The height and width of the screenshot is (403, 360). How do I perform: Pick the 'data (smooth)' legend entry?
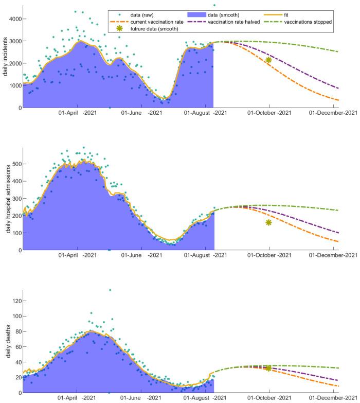pyautogui.click(x=221, y=14)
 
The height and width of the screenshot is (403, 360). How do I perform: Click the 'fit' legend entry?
pyautogui.click(x=298, y=14)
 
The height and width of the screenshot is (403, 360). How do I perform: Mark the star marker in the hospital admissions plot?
pyautogui.click(x=268, y=222)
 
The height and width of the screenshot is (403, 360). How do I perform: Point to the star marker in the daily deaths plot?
pyautogui.click(x=268, y=368)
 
